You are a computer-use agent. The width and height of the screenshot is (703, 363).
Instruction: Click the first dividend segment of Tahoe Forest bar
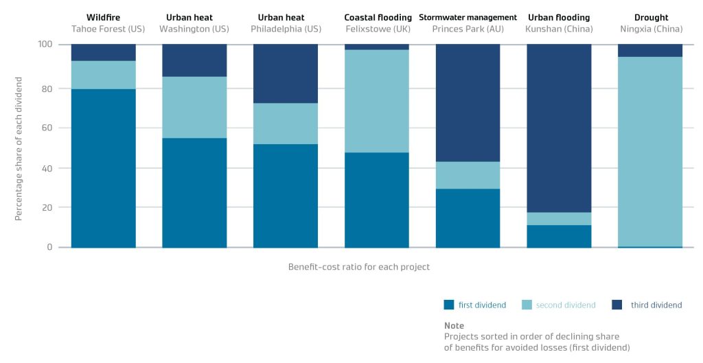coord(103,168)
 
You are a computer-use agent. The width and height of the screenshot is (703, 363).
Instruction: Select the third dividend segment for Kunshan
coord(559,128)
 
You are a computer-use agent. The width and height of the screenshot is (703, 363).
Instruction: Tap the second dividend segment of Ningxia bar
coord(650,151)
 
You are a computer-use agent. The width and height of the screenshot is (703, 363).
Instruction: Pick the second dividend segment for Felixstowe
coord(376,101)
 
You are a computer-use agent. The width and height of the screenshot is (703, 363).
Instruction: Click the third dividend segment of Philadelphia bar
coord(286,73)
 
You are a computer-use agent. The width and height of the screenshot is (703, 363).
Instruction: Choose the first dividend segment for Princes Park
coord(468,218)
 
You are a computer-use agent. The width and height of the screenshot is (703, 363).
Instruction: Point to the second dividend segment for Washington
coord(194,107)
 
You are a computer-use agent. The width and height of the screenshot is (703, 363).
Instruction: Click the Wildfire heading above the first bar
coord(103,17)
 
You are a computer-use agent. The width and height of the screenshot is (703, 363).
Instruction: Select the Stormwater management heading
coord(468,17)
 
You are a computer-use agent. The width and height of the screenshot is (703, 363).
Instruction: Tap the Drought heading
coord(651,17)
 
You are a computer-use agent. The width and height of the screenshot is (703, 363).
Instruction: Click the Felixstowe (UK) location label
coord(377,30)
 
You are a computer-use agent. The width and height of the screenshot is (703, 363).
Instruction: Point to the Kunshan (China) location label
coord(559,30)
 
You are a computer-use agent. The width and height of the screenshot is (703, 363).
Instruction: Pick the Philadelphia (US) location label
coord(286,30)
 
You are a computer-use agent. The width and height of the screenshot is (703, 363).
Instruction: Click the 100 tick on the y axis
coord(45,44)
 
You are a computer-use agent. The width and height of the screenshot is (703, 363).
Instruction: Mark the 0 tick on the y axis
coord(50,247)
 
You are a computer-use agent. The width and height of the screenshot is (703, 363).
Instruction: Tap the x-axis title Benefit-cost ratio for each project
coord(358,267)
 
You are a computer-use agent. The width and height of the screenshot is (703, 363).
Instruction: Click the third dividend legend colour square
coord(616,305)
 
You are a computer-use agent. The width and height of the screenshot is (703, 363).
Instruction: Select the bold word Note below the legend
coord(454,325)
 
